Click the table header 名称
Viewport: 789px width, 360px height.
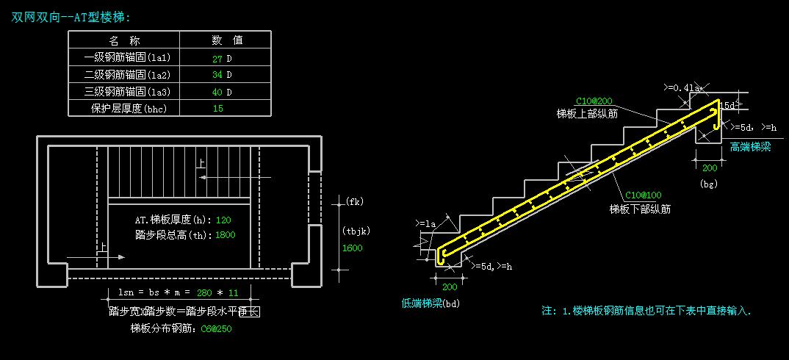(124, 40)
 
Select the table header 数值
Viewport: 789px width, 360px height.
(227, 40)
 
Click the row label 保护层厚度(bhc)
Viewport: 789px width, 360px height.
(124, 109)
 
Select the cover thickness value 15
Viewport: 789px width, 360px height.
(218, 109)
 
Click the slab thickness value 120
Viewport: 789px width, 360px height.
(224, 220)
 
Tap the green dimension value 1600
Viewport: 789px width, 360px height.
(353, 248)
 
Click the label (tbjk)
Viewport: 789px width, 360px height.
(356, 231)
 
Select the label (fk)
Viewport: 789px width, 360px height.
(354, 201)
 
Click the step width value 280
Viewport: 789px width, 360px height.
(206, 293)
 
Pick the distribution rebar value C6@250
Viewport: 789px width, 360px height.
(217, 328)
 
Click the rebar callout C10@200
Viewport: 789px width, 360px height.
(594, 101)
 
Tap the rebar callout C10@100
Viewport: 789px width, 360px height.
(643, 195)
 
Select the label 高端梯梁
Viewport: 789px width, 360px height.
(750, 147)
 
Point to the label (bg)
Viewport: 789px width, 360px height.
(708, 183)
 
